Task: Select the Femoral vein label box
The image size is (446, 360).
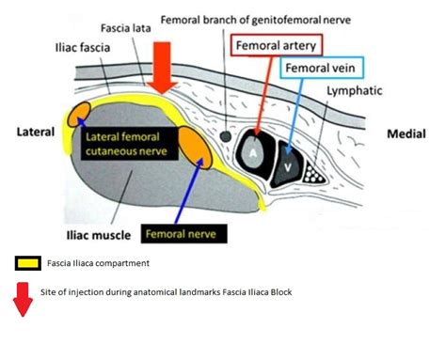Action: [321, 68]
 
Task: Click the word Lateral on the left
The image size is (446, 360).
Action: [36, 133]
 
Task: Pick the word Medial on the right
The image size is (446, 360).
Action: [406, 134]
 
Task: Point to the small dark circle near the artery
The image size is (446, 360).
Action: [226, 137]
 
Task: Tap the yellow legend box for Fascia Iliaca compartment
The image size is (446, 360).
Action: [26, 263]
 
